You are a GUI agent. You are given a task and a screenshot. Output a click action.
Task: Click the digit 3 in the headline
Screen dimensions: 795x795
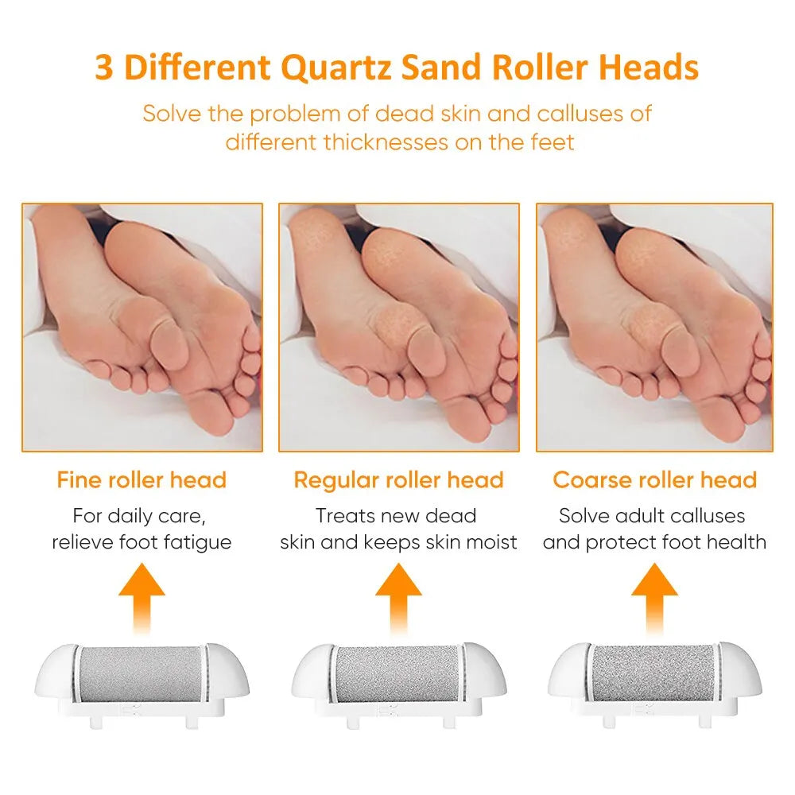coord(104,68)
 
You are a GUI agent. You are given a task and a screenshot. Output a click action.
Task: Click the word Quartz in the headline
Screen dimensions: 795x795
coord(336,68)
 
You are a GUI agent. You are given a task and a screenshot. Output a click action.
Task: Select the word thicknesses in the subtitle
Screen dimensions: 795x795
coord(386,142)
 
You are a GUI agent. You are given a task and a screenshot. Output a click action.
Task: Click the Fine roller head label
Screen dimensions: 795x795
coord(142,479)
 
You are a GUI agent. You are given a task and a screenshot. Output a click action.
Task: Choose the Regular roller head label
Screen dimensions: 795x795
coord(398,479)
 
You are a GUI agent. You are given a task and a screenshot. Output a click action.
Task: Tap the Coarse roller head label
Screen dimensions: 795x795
coord(654,479)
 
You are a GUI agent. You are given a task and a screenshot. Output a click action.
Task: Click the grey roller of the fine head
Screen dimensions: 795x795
coord(141,674)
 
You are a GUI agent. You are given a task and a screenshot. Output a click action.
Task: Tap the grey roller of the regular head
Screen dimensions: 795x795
coord(398,674)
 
